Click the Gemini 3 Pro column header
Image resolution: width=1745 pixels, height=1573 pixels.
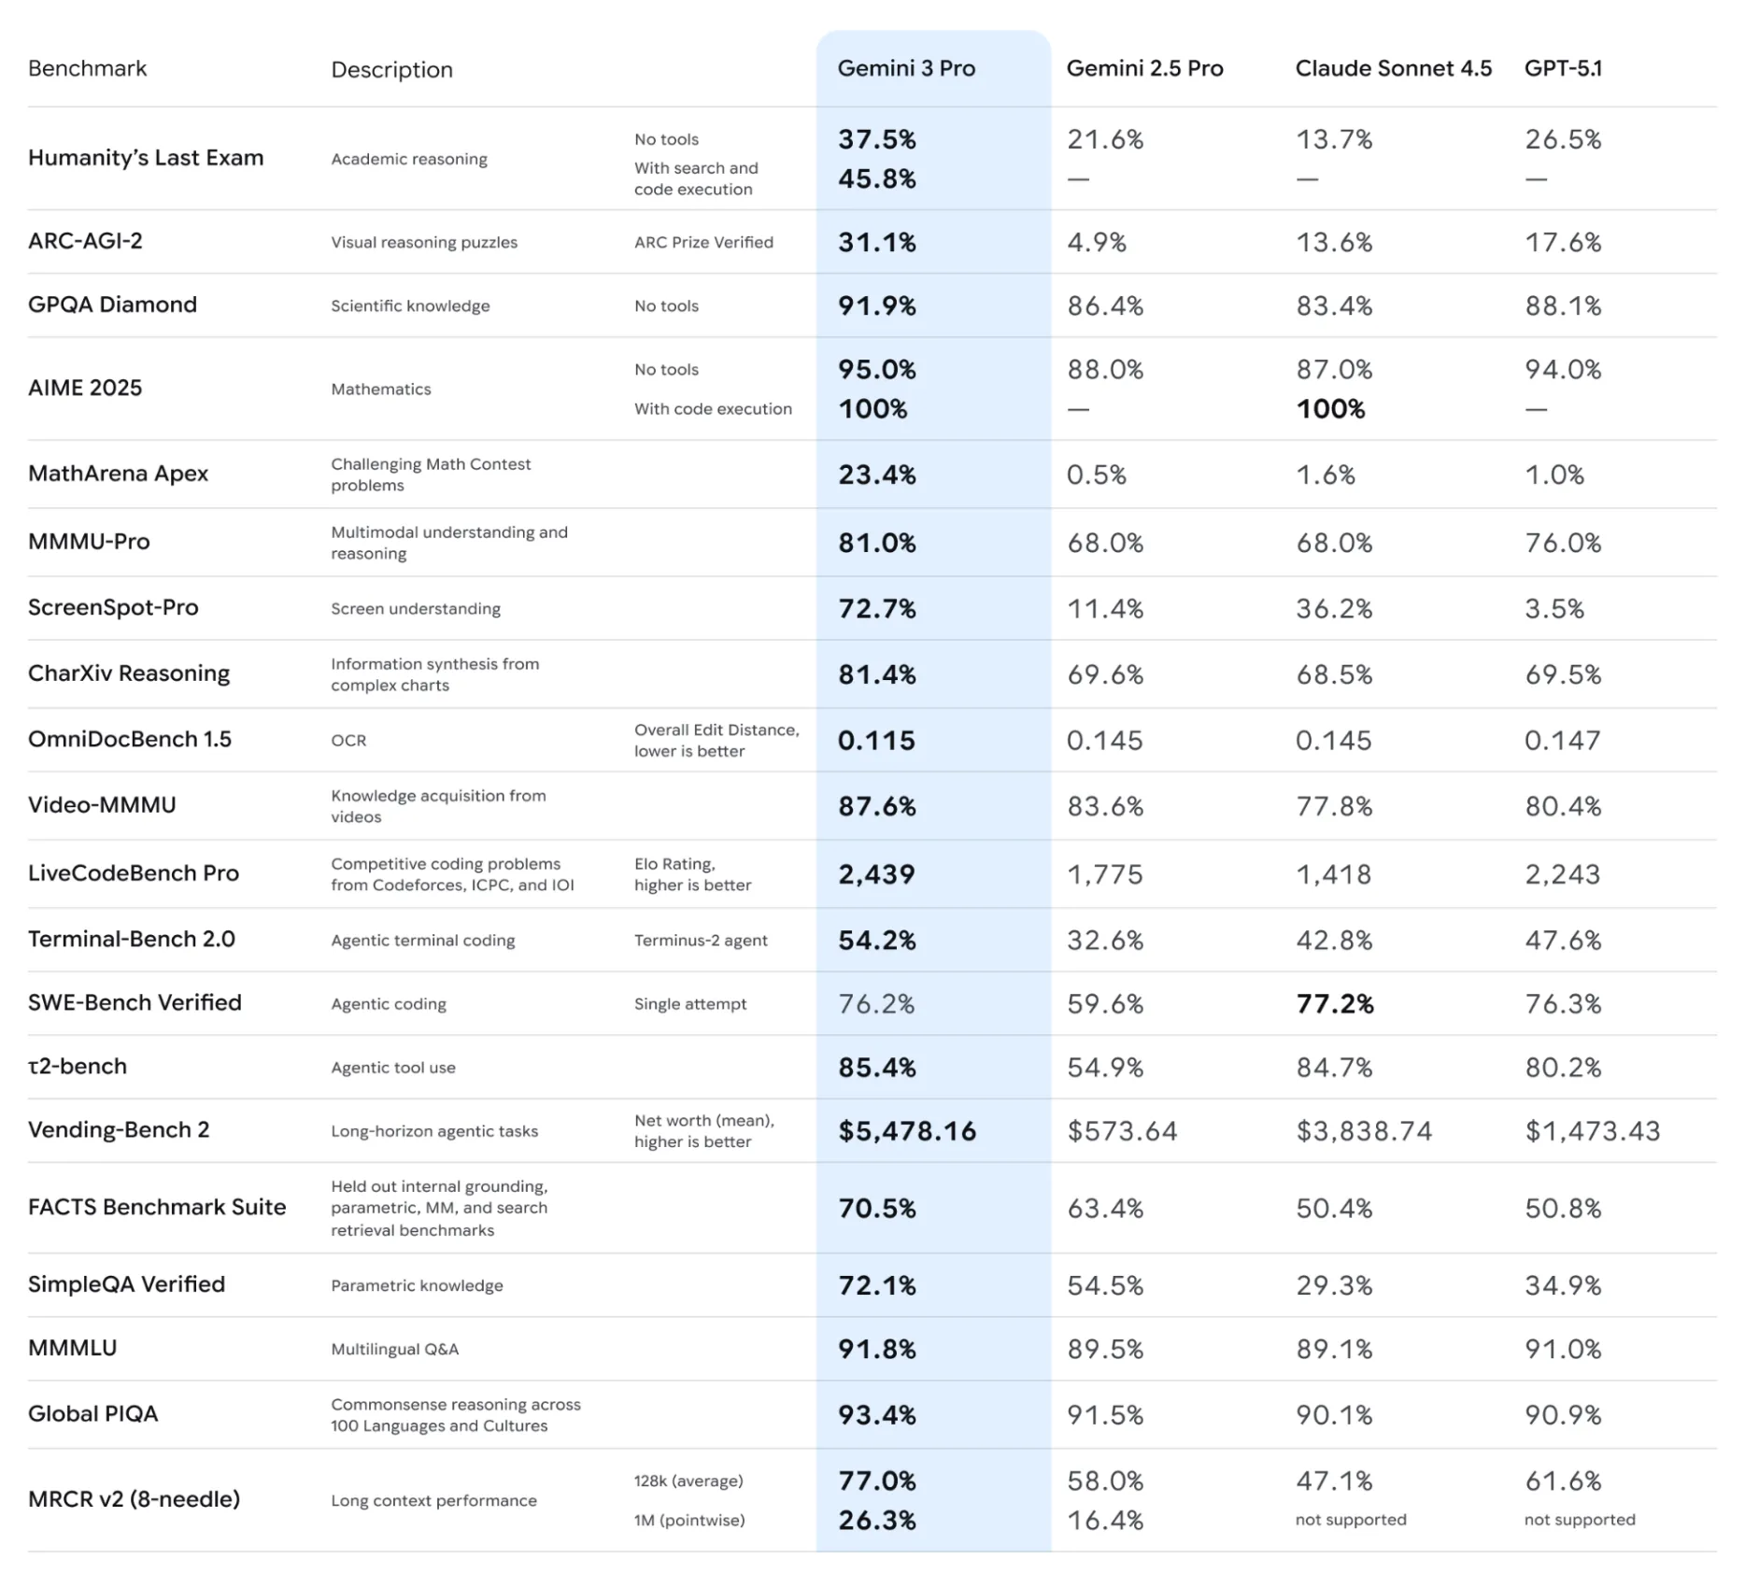pyautogui.click(x=905, y=68)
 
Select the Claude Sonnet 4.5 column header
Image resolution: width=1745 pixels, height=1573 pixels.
pyautogui.click(x=1393, y=68)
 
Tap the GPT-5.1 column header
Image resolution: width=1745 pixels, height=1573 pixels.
pyautogui.click(x=1563, y=68)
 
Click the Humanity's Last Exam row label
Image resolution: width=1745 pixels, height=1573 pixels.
pyautogui.click(x=146, y=158)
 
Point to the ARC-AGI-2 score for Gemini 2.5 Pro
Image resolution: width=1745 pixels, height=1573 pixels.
pyautogui.click(x=1097, y=242)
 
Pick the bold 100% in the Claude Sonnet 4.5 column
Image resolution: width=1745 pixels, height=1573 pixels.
pyautogui.click(x=1330, y=409)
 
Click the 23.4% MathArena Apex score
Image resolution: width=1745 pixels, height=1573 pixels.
pyautogui.click(x=876, y=475)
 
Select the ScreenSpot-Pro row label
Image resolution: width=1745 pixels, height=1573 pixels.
pyautogui.click(x=113, y=607)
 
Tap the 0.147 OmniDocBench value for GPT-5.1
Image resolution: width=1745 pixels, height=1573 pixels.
pyautogui.click(x=1562, y=741)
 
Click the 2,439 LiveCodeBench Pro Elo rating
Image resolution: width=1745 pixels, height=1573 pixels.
pyautogui.click(x=876, y=874)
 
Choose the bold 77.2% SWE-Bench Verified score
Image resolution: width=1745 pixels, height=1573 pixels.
pyautogui.click(x=1334, y=1004)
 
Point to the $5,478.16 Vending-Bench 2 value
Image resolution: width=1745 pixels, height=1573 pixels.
pyautogui.click(x=906, y=1131)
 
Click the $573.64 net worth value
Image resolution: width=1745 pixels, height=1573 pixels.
pyautogui.click(x=1122, y=1131)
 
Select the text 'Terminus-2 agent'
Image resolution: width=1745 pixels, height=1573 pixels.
pyautogui.click(x=701, y=941)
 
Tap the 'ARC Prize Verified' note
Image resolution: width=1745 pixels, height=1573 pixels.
pyautogui.click(x=703, y=243)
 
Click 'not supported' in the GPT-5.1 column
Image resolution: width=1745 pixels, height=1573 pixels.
pyautogui.click(x=1580, y=1520)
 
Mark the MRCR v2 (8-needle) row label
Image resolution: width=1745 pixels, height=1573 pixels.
pyautogui.click(x=134, y=1499)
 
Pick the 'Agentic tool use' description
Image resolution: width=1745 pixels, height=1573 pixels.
pyautogui.click(x=393, y=1068)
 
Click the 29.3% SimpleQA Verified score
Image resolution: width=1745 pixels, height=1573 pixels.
pyautogui.click(x=1334, y=1285)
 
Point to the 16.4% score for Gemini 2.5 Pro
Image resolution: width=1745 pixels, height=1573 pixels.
pyautogui.click(x=1105, y=1521)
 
